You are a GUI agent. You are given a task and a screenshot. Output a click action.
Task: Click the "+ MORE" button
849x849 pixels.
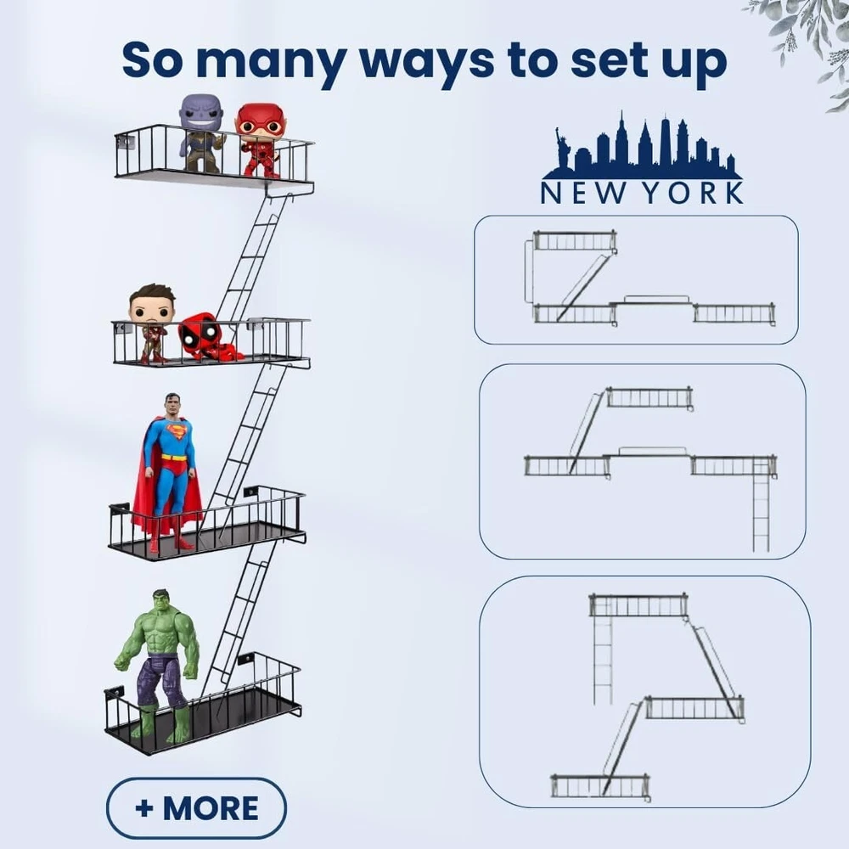[x=196, y=808]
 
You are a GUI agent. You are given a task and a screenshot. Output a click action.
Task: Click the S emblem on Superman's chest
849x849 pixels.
[x=177, y=432]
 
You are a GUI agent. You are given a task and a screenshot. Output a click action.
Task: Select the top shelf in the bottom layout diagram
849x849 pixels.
[x=638, y=605]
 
